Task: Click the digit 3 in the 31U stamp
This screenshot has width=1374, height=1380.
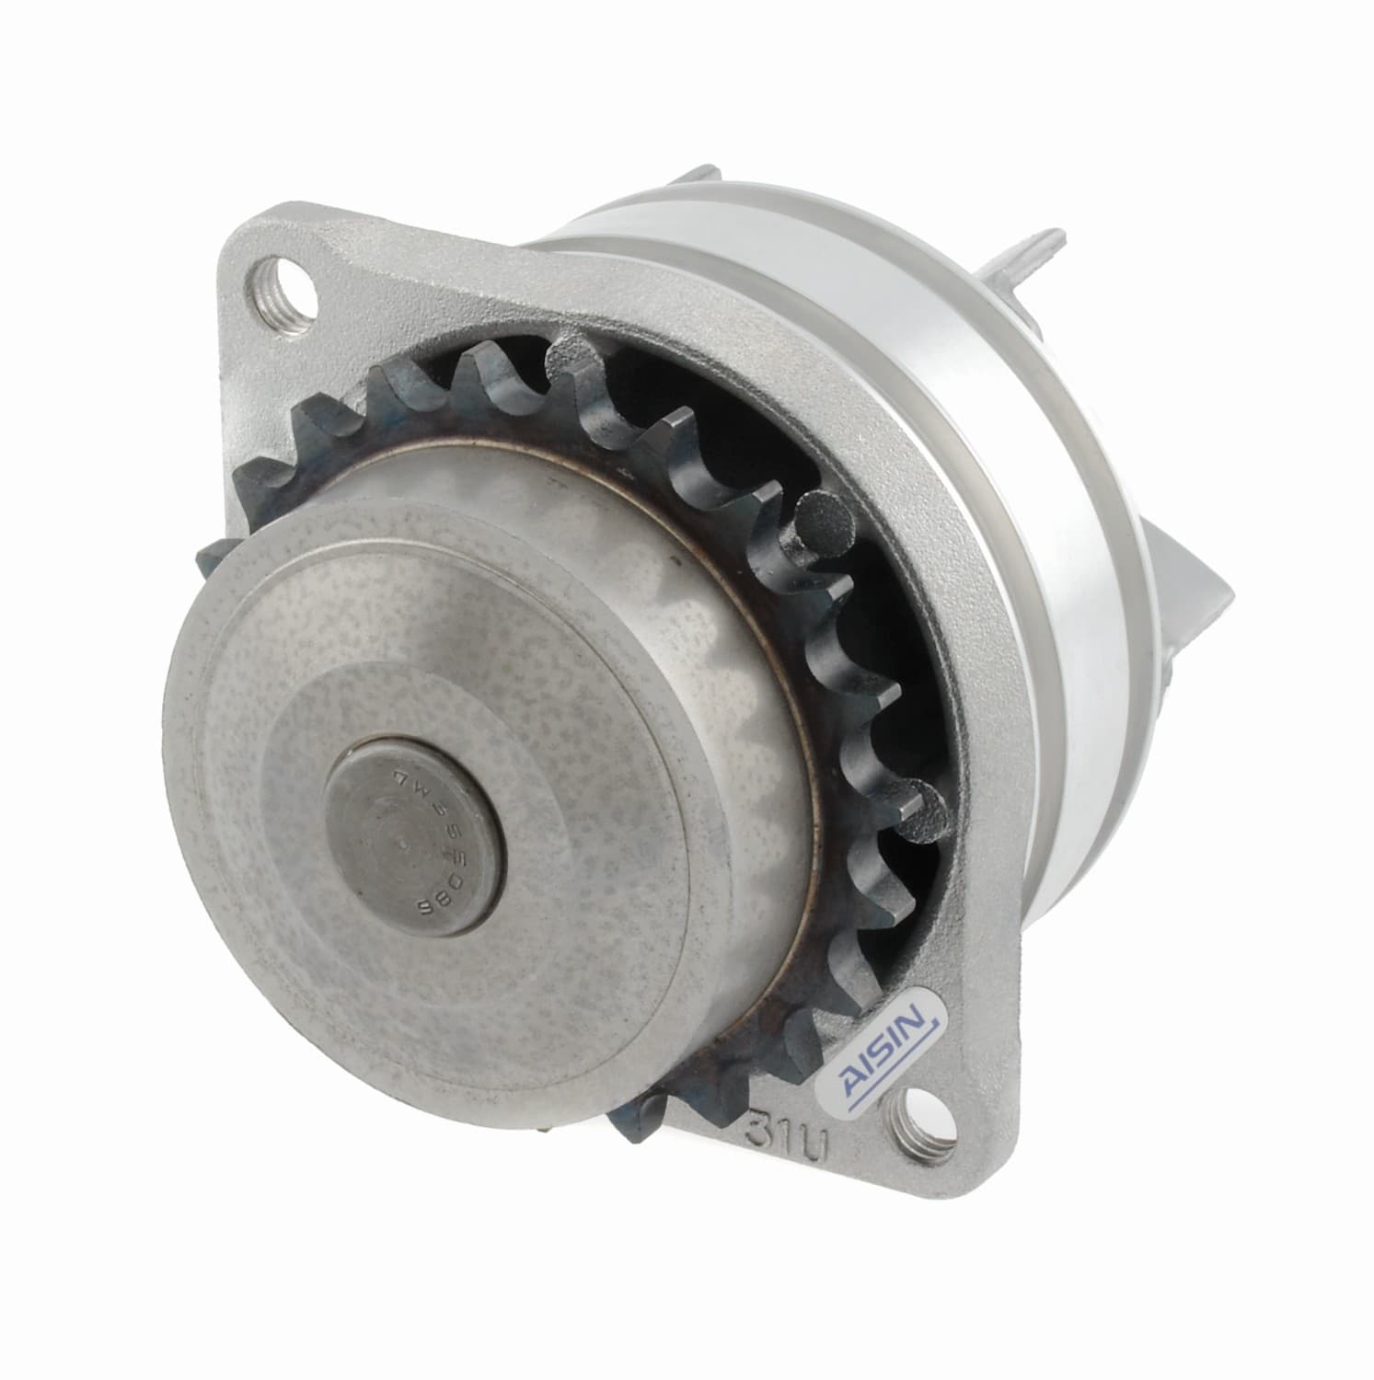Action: coord(760,1133)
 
